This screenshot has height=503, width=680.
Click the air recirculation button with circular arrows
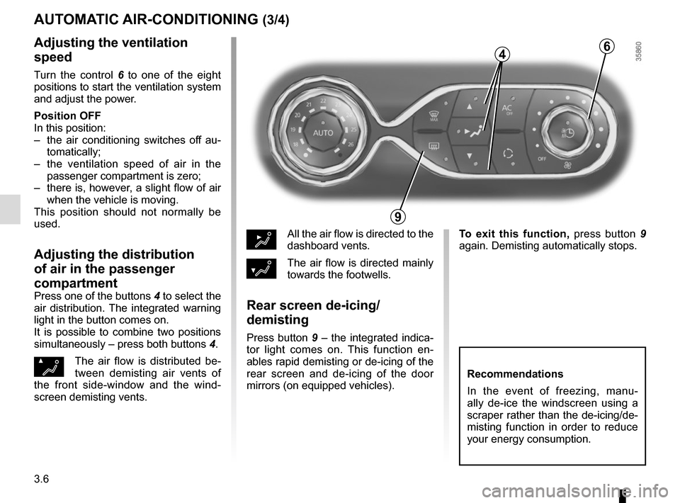pos(507,153)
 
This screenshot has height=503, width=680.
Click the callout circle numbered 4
pos(501,54)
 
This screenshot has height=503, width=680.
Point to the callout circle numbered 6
pos(607,46)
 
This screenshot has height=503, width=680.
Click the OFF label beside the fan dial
pos(541,159)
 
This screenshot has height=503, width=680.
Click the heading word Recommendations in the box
pos(516,374)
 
